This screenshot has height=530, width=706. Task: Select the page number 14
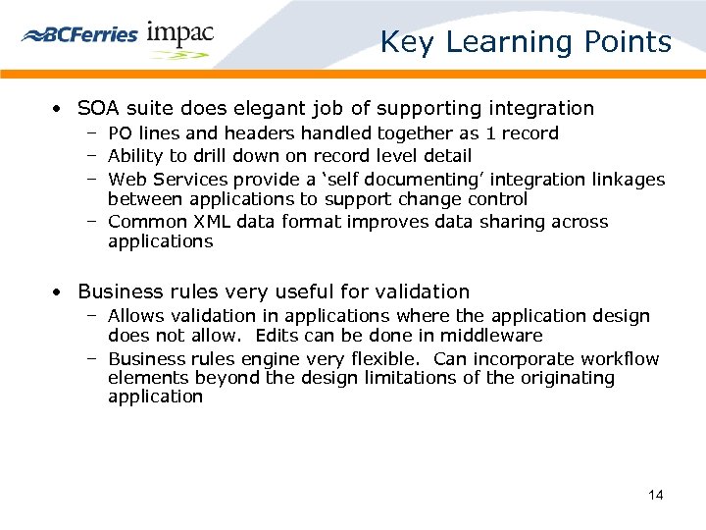[x=656, y=495]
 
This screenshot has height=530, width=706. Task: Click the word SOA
[x=98, y=108]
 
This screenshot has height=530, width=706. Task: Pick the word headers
[x=251, y=133]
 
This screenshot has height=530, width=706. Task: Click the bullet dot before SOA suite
[x=60, y=109]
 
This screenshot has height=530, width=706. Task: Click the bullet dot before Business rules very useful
[x=60, y=292]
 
